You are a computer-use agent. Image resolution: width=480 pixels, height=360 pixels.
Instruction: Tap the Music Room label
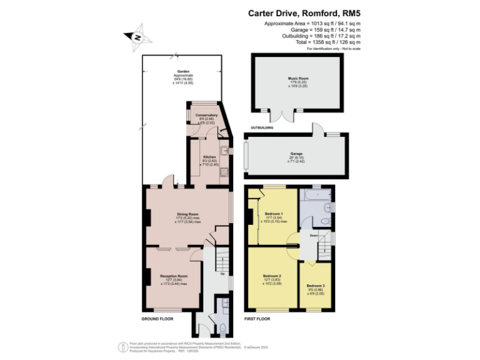tap(298, 78)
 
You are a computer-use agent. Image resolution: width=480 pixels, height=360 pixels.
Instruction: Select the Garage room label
tap(296, 153)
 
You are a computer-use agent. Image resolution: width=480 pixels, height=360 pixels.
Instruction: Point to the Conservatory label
tap(206, 115)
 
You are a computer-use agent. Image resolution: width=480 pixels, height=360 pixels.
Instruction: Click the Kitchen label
tap(209, 156)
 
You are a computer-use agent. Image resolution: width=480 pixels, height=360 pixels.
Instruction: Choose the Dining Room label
tap(187, 214)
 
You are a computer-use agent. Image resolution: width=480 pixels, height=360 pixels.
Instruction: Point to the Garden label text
tap(183, 72)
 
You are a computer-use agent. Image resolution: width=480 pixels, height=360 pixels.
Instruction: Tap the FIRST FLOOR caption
tap(257, 319)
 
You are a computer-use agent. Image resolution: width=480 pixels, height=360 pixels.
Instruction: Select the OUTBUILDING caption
tap(262, 127)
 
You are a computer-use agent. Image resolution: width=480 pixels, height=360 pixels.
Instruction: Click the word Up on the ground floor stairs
tap(222, 274)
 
